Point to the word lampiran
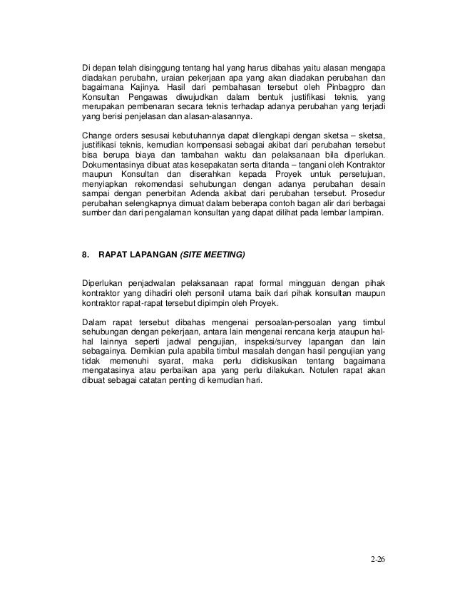tap(362, 212)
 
